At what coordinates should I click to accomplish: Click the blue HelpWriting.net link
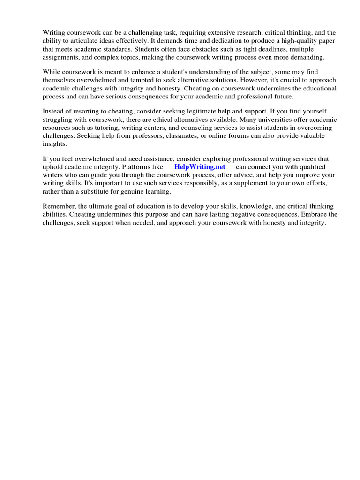pyautogui.click(x=200, y=167)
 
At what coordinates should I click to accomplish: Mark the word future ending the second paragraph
pyautogui.click(x=280, y=96)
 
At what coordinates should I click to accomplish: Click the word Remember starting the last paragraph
pyautogui.click(x=59, y=206)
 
